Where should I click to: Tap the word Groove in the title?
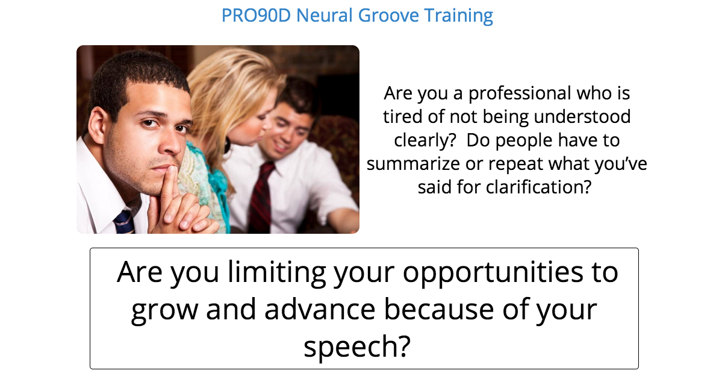[389, 15]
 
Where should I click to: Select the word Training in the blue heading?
[459, 16]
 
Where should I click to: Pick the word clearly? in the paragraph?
[425, 140]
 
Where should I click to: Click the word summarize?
[413, 164]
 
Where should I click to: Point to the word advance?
[320, 310]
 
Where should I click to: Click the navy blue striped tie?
[124, 222]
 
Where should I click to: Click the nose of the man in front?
[170, 142]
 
